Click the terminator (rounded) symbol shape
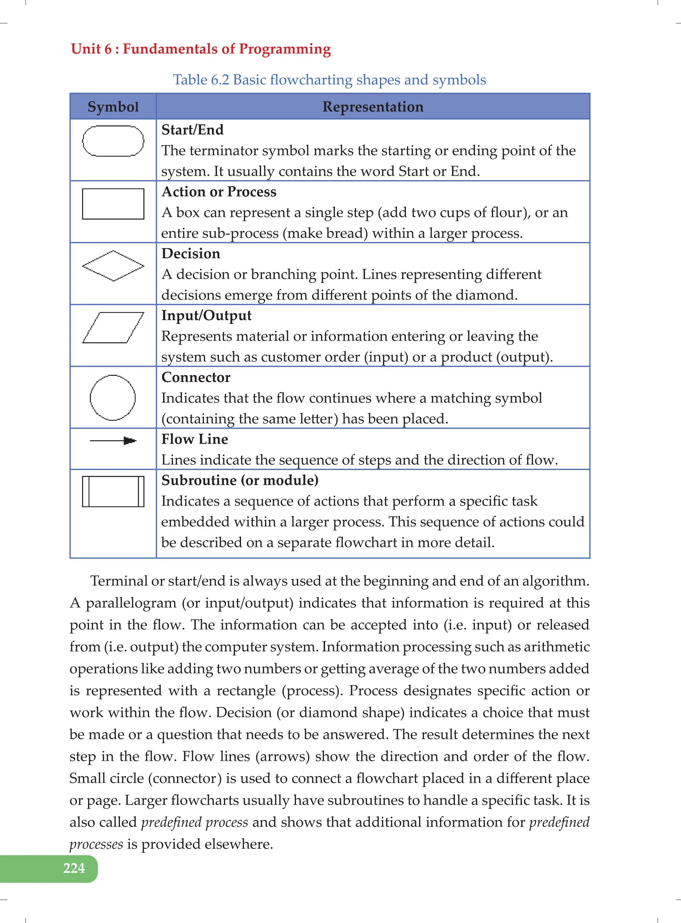(x=113, y=141)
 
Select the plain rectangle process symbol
(x=113, y=204)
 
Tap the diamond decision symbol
(x=113, y=266)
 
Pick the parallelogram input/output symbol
(x=113, y=328)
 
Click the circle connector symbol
(x=112, y=397)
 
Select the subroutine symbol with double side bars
(x=113, y=491)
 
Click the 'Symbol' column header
(x=113, y=107)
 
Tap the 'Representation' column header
(x=373, y=107)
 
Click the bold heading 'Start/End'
(x=192, y=130)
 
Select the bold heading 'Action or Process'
(x=218, y=191)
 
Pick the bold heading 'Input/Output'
(x=206, y=316)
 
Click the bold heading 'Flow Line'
(x=194, y=439)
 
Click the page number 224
(x=74, y=868)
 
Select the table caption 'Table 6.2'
(x=201, y=79)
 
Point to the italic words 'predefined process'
(x=194, y=822)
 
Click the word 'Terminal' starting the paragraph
(x=119, y=581)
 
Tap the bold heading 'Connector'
(x=196, y=377)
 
